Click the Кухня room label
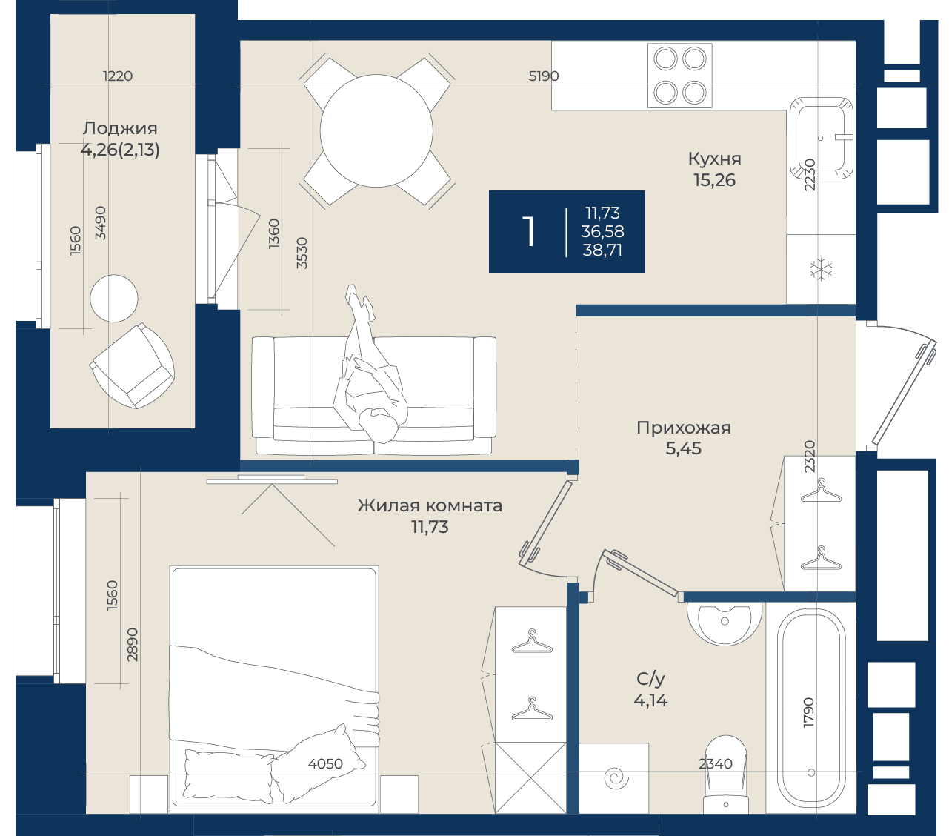(x=714, y=159)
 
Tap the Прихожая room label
(x=683, y=428)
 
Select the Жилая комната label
(x=430, y=505)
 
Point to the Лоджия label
(x=120, y=128)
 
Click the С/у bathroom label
(x=650, y=679)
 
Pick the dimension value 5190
(x=543, y=76)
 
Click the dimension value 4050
(x=325, y=764)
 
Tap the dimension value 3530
(x=302, y=253)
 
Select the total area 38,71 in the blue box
(x=602, y=251)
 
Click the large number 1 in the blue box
(x=529, y=231)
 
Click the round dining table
(x=376, y=130)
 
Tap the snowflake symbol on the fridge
(x=821, y=270)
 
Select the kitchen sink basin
(x=821, y=139)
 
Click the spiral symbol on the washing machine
(x=616, y=778)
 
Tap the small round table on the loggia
(x=114, y=299)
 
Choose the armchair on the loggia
(x=133, y=366)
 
